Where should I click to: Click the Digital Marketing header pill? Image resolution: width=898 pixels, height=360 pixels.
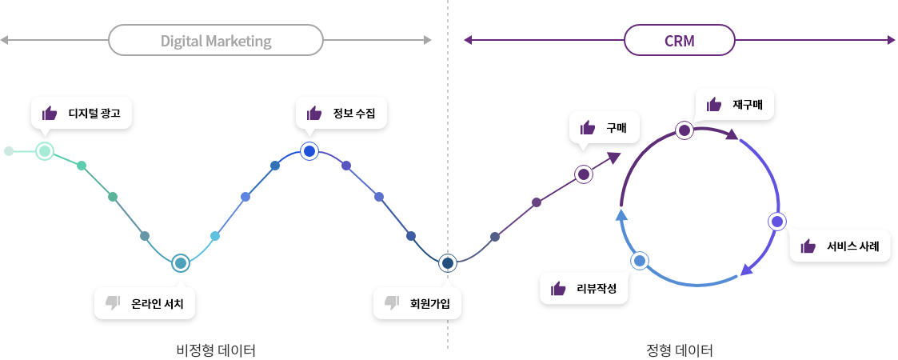click(215, 41)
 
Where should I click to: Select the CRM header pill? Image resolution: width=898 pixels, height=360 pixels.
click(679, 41)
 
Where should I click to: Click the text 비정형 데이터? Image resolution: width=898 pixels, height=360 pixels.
click(215, 350)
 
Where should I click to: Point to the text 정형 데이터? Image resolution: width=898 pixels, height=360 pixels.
click(679, 350)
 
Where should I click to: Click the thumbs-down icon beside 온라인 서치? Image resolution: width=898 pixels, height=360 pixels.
click(113, 302)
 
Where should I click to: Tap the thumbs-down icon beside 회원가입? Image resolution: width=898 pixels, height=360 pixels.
click(392, 302)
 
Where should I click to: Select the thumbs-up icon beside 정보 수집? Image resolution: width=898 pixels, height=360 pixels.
click(314, 113)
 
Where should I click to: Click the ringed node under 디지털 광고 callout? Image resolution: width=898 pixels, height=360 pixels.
click(45, 150)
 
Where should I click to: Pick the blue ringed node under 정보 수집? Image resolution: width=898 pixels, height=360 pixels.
click(310, 150)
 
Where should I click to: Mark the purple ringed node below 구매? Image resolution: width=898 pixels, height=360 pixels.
click(584, 174)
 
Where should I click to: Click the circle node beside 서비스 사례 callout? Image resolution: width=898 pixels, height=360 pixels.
click(776, 222)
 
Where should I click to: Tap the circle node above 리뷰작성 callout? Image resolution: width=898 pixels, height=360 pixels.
click(640, 260)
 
